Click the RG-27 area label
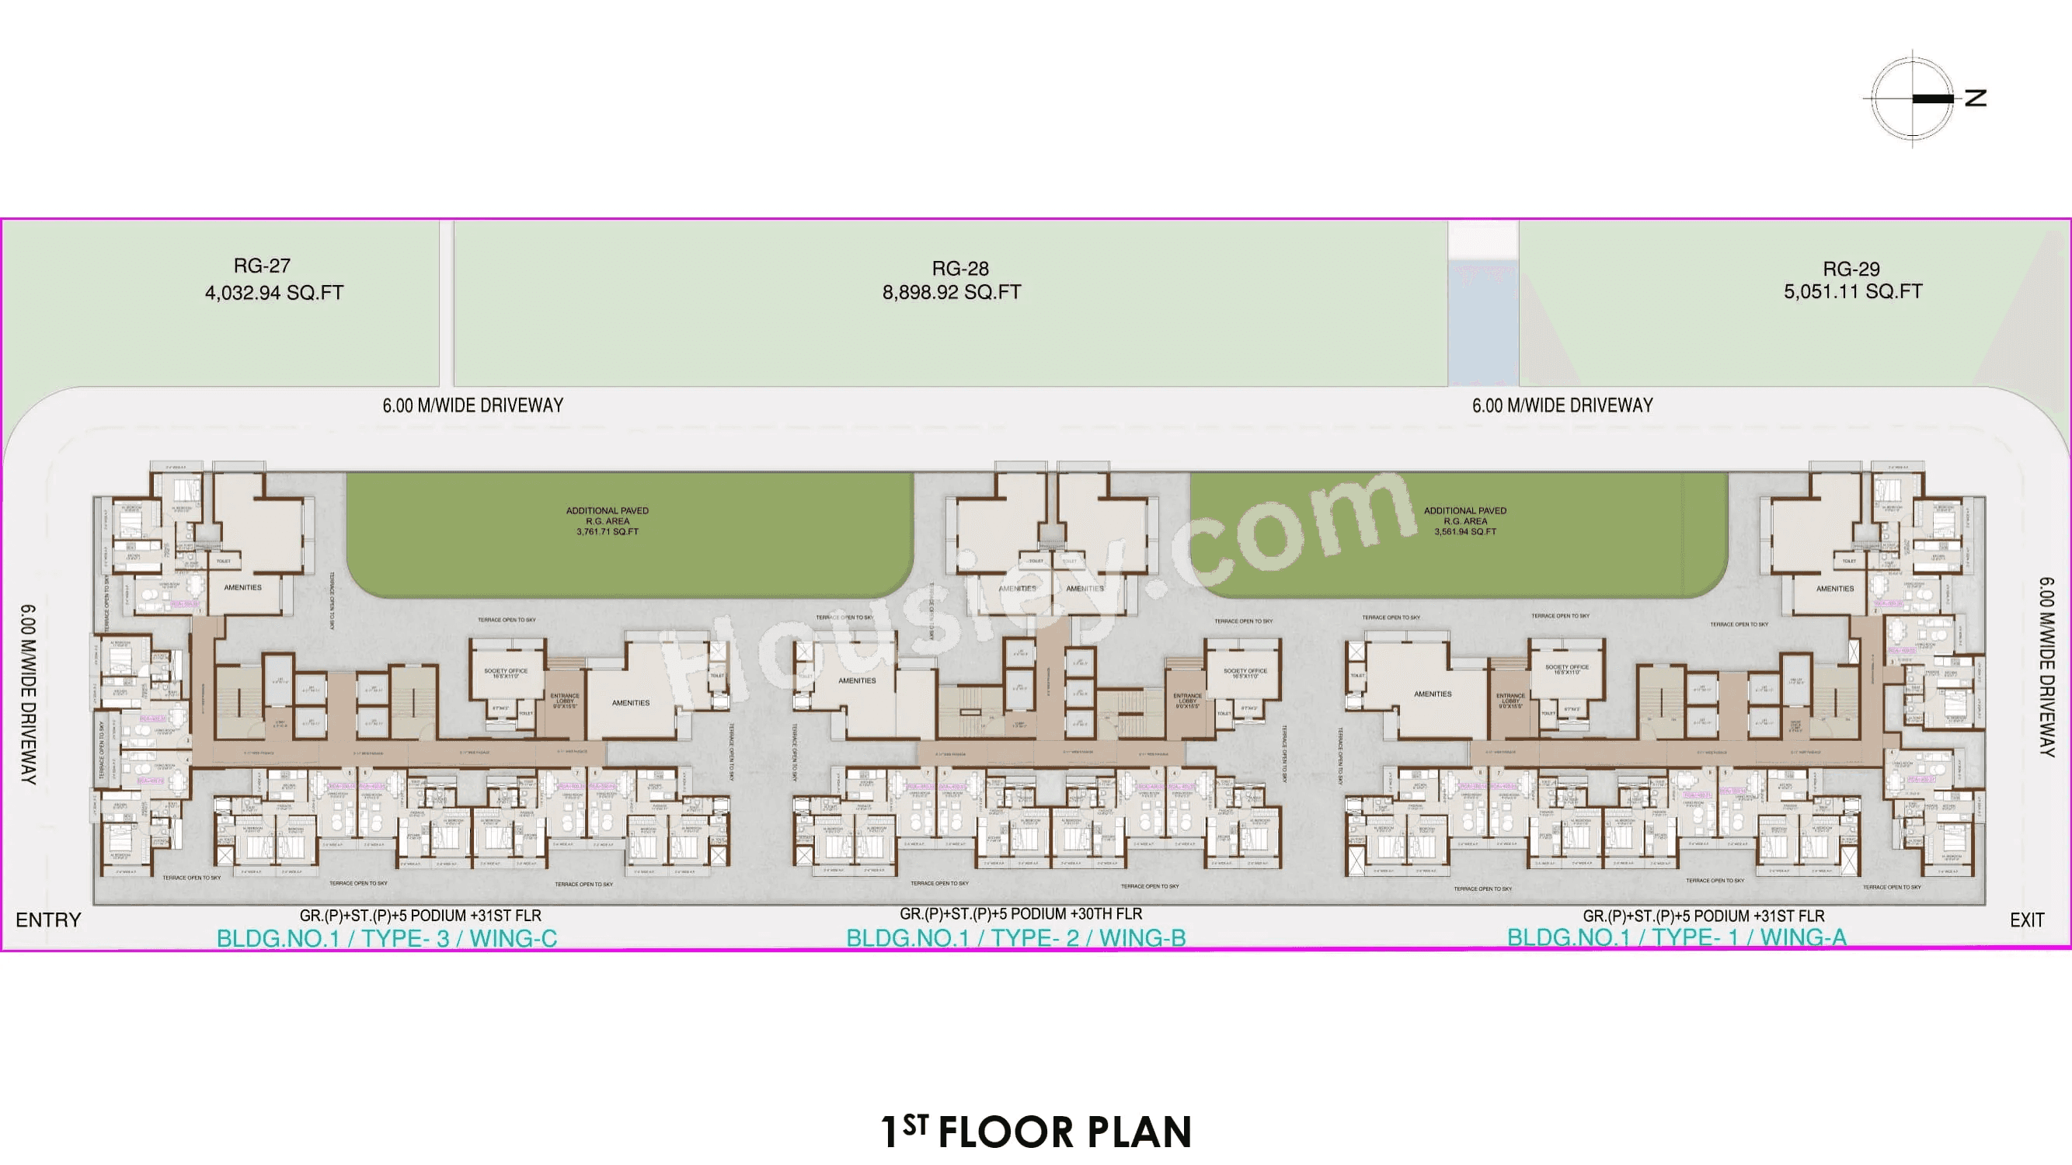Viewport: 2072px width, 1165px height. [x=263, y=266]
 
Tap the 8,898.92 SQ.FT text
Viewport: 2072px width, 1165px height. [x=952, y=293]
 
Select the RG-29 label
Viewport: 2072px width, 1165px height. [x=1851, y=269]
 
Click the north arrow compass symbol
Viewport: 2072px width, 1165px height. [x=1913, y=99]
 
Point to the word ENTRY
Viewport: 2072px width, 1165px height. [x=48, y=920]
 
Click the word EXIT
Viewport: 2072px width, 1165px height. [x=2026, y=920]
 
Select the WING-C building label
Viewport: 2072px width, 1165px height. [x=514, y=938]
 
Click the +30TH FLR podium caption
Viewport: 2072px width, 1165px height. [x=1021, y=914]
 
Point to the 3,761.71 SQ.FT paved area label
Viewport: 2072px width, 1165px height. [x=608, y=531]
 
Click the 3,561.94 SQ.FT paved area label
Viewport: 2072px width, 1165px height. [x=1464, y=531]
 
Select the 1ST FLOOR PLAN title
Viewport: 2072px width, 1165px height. [x=1036, y=1132]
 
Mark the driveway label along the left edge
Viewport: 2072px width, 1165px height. [x=28, y=694]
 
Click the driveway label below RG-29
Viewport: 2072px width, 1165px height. [x=1562, y=405]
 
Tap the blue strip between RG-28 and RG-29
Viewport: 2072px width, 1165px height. [x=1483, y=322]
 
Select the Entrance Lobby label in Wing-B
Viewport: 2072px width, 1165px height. [x=1187, y=700]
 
